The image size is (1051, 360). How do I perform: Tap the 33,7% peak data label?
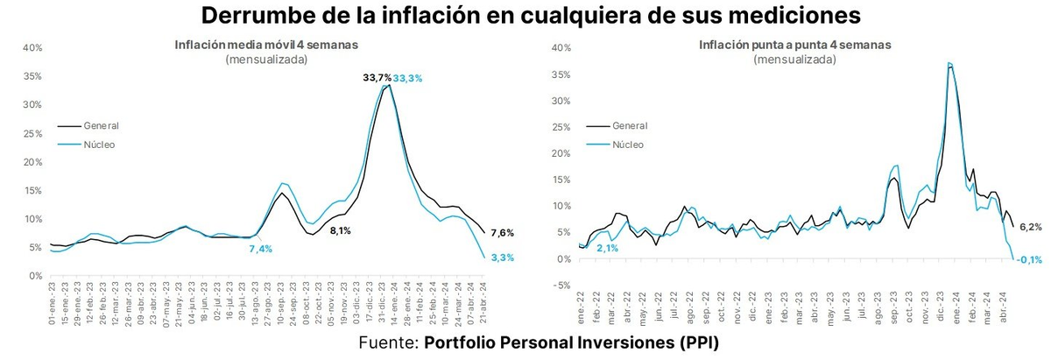coord(377,78)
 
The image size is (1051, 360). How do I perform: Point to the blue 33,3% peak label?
coord(408,78)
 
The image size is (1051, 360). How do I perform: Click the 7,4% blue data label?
coord(261,249)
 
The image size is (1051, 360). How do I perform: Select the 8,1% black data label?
coord(340,231)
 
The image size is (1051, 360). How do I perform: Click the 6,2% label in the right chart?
coord(1029,227)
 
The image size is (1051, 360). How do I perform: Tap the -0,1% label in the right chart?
coord(1028,259)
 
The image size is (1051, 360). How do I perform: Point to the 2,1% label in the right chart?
coord(608,249)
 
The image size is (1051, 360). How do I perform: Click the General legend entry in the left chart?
coord(101,125)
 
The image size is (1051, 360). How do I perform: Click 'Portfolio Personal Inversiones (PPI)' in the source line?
coord(571,342)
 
